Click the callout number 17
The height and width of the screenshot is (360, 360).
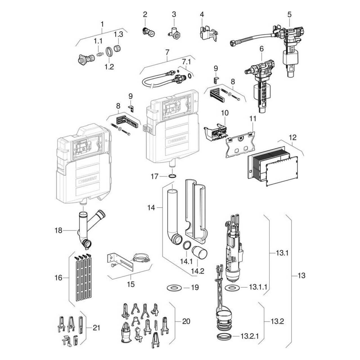click(154, 177)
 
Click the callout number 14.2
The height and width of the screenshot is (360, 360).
click(197, 271)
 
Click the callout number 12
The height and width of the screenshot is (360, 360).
click(292, 138)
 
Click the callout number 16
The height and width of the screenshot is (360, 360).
click(58, 278)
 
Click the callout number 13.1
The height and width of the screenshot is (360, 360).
click(282, 253)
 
